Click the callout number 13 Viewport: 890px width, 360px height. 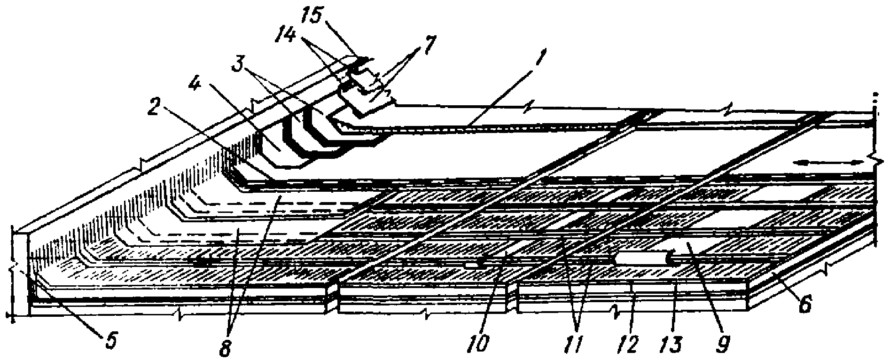click(675, 345)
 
